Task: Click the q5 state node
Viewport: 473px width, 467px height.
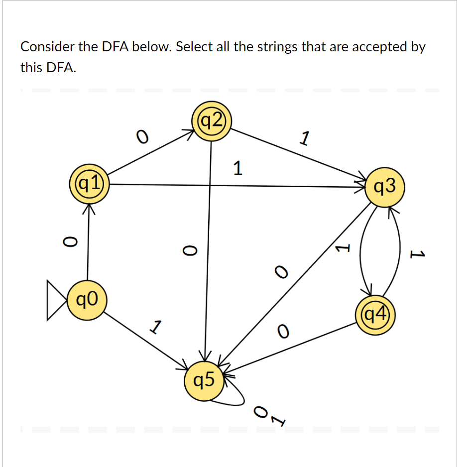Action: (203, 381)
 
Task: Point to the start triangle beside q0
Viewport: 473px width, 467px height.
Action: (55, 300)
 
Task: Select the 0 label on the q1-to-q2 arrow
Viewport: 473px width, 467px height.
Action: (142, 136)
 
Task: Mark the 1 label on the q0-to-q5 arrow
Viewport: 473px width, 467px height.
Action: (156, 328)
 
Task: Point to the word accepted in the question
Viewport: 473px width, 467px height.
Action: (374, 47)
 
